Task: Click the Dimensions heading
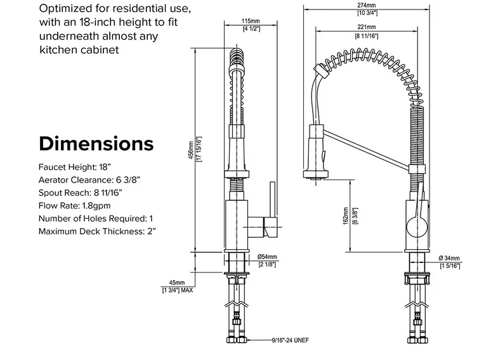tap(96, 143)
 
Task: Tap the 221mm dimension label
tap(367, 28)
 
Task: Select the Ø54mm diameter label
tap(266, 256)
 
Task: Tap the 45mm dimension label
tap(176, 283)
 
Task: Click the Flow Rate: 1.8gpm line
tap(75, 206)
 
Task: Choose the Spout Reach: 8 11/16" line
tap(80, 193)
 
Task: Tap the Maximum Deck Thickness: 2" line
tap(98, 231)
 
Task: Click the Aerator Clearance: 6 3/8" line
tap(89, 180)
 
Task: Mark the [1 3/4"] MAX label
tap(178, 290)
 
